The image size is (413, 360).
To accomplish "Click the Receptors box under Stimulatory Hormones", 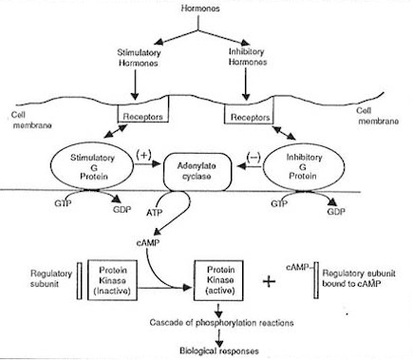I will click(142, 122).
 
